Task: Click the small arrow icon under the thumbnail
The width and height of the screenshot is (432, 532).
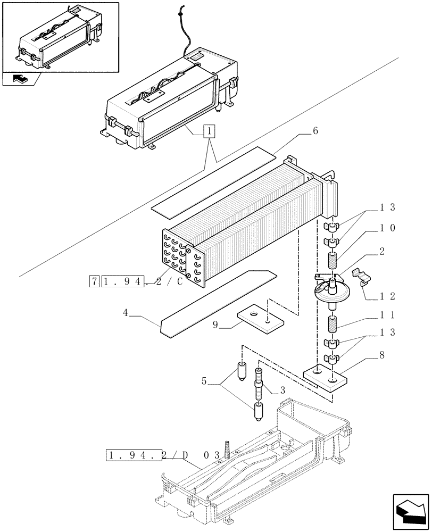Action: click(x=19, y=79)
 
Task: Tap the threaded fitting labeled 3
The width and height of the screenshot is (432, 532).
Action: click(x=259, y=387)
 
